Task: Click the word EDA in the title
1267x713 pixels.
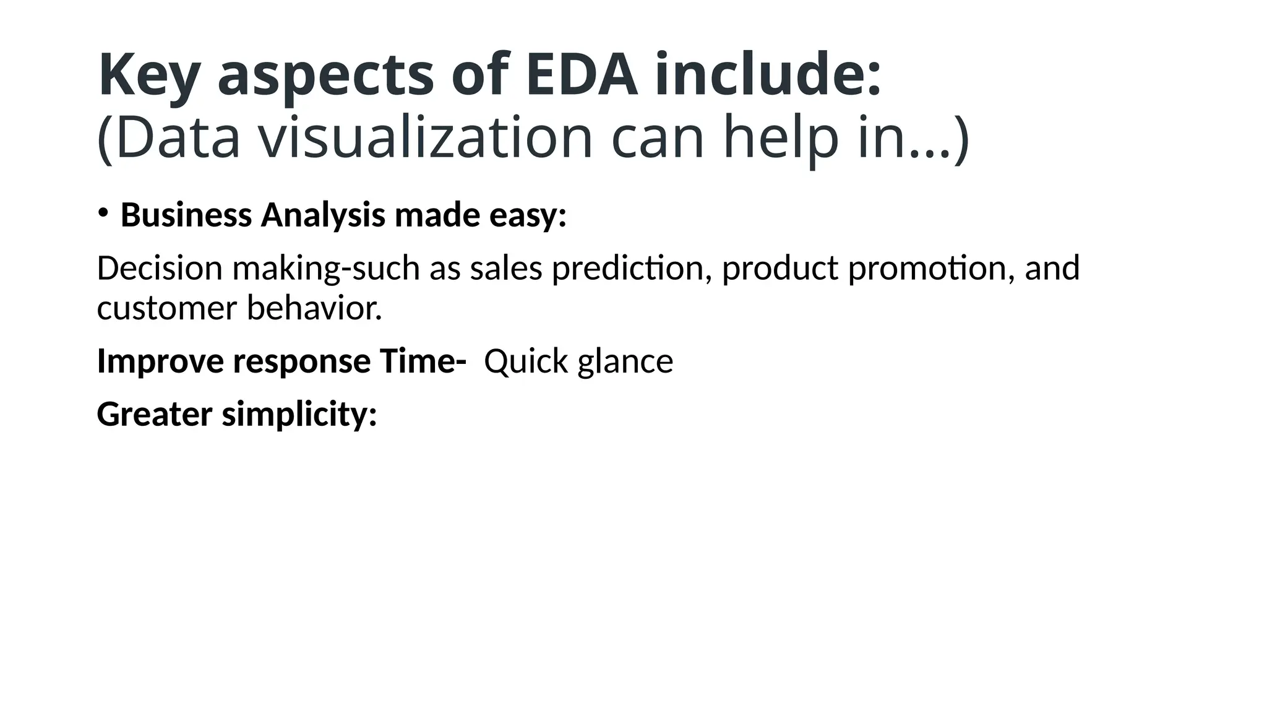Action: coord(582,76)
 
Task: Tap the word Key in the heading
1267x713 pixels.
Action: coord(148,76)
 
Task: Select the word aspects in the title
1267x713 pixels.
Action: coord(325,76)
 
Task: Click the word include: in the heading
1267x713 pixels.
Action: coord(768,76)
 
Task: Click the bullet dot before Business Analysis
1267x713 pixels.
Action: coord(103,213)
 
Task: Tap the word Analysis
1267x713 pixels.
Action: coord(322,215)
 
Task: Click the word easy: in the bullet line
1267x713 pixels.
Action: coord(528,215)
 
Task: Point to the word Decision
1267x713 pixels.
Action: coord(160,268)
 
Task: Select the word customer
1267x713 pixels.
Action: coord(167,308)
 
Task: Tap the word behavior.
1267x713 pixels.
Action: coord(314,308)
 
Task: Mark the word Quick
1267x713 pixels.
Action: coord(526,361)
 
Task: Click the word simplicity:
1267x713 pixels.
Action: coord(299,414)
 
